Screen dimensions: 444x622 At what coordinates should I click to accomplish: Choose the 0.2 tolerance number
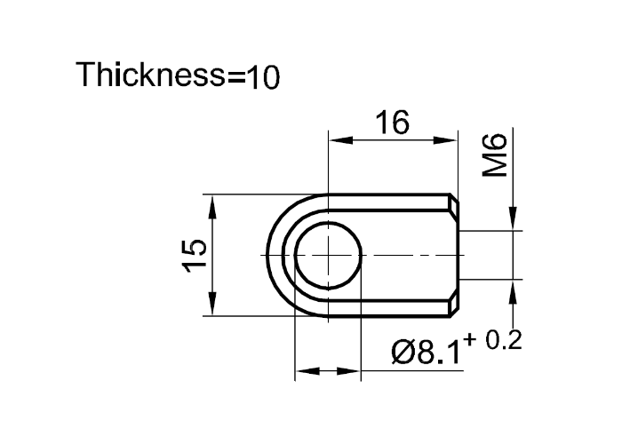tap(505, 342)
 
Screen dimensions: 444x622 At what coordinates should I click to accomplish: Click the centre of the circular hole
tap(328, 254)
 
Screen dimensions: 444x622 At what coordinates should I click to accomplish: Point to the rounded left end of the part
tap(270, 254)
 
